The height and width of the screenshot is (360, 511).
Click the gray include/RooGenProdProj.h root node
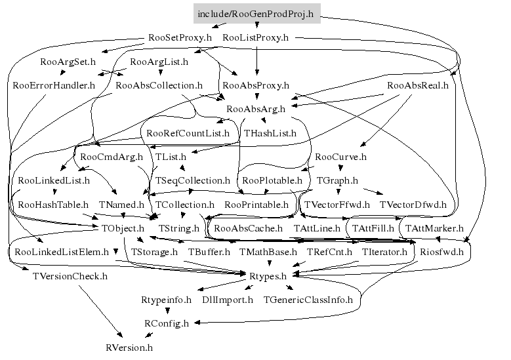point(256,14)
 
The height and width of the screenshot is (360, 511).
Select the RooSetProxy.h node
point(180,38)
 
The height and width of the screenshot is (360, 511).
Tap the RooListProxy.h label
point(256,38)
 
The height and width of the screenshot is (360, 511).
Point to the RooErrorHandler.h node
point(54,85)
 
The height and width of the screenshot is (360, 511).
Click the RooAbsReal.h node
point(418,85)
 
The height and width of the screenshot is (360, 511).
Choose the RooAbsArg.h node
point(256,109)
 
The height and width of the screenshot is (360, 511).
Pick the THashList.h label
point(270,133)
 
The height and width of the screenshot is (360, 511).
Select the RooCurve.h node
point(340,157)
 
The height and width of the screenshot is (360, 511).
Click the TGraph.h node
point(337,180)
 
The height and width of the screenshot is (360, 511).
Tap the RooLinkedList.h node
point(54,180)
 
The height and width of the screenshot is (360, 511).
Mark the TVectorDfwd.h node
point(413,205)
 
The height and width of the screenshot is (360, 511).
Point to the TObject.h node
point(123,228)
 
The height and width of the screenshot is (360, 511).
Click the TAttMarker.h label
point(434,228)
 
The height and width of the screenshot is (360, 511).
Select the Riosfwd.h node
point(441,252)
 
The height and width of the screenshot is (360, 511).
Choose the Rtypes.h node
point(268,276)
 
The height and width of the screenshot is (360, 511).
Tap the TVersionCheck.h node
point(70,276)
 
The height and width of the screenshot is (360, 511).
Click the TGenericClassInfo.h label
point(308,300)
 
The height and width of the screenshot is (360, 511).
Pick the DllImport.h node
point(228,300)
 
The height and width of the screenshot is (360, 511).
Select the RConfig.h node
point(167,323)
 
